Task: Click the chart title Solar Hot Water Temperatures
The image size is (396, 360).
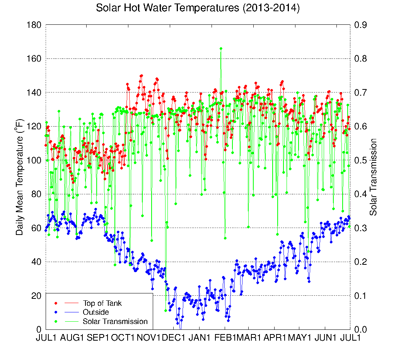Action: click(x=198, y=8)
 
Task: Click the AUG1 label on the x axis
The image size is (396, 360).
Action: click(x=71, y=338)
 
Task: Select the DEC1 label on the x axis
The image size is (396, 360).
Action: click(x=174, y=338)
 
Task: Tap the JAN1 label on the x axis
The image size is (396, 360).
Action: click(x=200, y=338)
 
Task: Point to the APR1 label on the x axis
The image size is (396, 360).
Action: click(x=275, y=338)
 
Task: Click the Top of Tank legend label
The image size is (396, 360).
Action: click(x=102, y=303)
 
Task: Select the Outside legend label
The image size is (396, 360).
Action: click(x=96, y=312)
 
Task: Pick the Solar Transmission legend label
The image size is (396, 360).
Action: click(x=115, y=321)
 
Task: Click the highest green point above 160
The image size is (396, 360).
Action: click(x=221, y=48)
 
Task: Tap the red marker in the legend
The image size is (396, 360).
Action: click(x=56, y=303)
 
